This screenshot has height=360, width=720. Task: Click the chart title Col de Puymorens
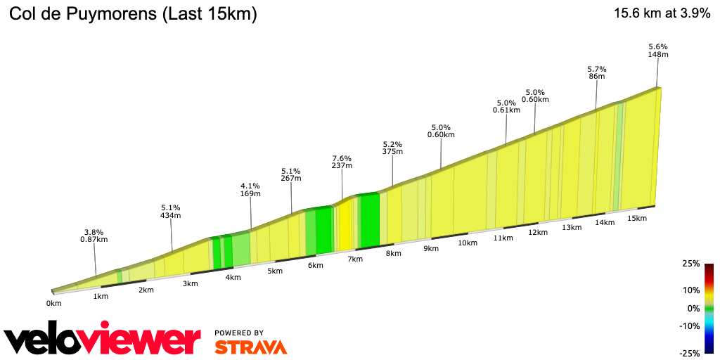pyautogui.click(x=132, y=14)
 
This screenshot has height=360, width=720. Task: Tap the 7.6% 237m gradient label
pyautogui.click(x=342, y=162)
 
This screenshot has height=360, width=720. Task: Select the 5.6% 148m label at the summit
pyautogui.click(x=657, y=51)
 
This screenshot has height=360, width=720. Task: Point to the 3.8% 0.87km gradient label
pyautogui.click(x=94, y=236)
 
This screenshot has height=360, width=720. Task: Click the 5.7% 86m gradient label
pyautogui.click(x=596, y=73)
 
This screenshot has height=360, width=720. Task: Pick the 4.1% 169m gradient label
pyautogui.click(x=250, y=190)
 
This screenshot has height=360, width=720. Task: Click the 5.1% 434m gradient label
pyautogui.click(x=170, y=212)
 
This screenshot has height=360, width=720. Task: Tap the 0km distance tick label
pyautogui.click(x=54, y=303)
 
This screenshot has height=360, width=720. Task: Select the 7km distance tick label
pyautogui.click(x=355, y=259)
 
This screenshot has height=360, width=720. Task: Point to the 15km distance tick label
pyautogui.click(x=636, y=218)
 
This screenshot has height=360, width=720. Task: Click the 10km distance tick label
pyautogui.click(x=468, y=243)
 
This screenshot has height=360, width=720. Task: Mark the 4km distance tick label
pyautogui.click(x=233, y=277)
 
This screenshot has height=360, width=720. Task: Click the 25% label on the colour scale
pyautogui.click(x=691, y=264)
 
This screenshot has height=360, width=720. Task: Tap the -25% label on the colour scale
pyautogui.click(x=690, y=353)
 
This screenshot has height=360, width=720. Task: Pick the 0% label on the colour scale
pyautogui.click(x=693, y=308)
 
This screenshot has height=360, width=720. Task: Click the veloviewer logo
pyautogui.click(x=102, y=340)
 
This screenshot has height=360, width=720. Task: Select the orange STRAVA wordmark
pyautogui.click(x=250, y=347)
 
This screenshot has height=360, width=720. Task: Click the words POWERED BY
pyautogui.click(x=239, y=333)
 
